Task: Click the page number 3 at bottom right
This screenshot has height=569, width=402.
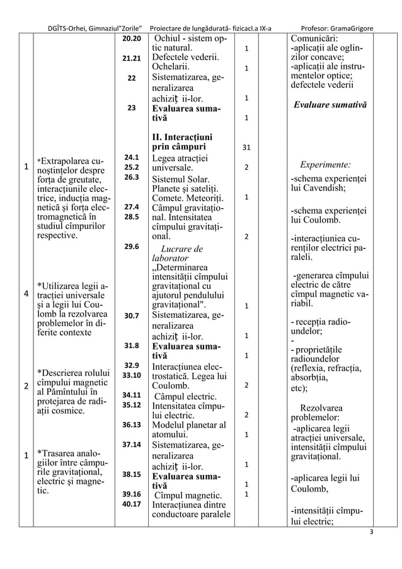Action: tap(371, 531)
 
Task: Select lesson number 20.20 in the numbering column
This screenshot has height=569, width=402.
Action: tap(131, 39)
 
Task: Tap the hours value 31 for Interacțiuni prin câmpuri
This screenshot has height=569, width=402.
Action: tap(246, 148)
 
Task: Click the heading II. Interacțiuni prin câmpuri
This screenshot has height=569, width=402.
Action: tap(182, 142)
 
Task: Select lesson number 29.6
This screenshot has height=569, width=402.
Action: tap(131, 247)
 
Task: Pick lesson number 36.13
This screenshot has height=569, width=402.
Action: tap(131, 424)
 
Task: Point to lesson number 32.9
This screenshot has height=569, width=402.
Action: tap(131, 365)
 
